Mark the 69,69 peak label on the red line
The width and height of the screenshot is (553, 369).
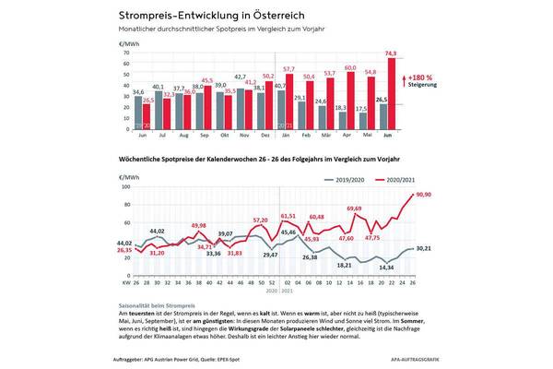point(355,209)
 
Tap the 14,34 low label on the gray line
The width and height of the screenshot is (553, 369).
point(387,268)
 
